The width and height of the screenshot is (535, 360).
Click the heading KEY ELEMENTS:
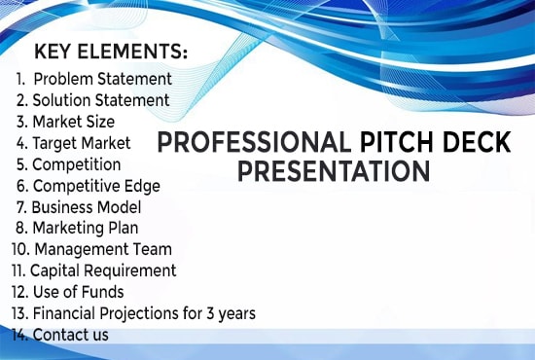coord(111,52)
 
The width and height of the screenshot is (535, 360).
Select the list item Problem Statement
coord(93,79)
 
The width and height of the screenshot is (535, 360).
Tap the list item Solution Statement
coord(92,100)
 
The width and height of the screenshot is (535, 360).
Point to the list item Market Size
coord(65,122)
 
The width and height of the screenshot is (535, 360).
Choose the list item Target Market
coord(73,143)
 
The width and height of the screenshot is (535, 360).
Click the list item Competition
coord(69,164)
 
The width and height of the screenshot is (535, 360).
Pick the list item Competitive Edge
coord(89,186)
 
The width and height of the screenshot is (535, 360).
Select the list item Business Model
coord(79,207)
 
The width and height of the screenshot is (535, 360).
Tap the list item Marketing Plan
coord(77,228)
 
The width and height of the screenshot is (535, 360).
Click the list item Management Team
coord(91,249)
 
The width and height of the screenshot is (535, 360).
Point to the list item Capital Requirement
coord(93,270)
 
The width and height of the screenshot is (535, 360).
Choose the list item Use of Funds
coord(67,292)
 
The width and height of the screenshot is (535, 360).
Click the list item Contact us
coord(60,335)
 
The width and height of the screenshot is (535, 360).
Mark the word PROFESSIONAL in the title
coord(255,142)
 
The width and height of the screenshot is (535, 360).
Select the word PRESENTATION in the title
coord(334,171)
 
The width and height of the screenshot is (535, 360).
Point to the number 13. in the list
coord(19,313)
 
